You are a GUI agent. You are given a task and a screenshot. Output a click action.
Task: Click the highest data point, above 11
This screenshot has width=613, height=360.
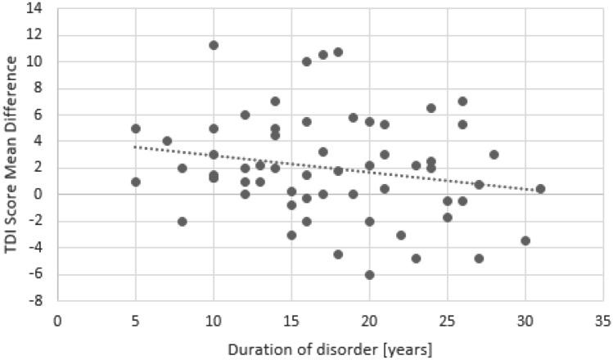coord(214,45)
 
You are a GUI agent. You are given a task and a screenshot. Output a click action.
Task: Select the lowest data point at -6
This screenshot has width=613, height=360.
coord(370,274)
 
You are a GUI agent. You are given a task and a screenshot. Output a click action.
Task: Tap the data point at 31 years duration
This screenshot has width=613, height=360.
coord(541,188)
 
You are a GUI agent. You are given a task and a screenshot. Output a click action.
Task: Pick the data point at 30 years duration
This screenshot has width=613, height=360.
coord(525,241)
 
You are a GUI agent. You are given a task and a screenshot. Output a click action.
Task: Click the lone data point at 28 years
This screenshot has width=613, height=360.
coord(494,154)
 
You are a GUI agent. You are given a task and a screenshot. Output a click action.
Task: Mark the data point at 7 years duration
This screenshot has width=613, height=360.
coord(167,141)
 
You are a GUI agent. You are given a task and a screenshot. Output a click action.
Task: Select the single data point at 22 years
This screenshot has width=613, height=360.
coord(401,235)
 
